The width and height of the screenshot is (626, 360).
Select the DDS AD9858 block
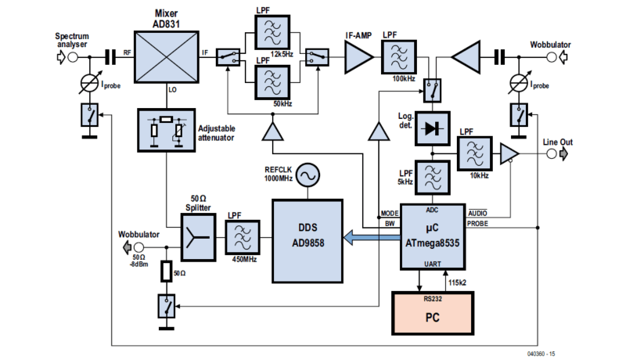[308, 241]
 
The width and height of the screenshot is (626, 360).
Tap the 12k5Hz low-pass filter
[272, 36]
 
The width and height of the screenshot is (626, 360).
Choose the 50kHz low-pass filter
[272, 81]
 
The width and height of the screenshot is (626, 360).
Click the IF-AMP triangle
[358, 56]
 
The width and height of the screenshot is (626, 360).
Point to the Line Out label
[559, 142]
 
